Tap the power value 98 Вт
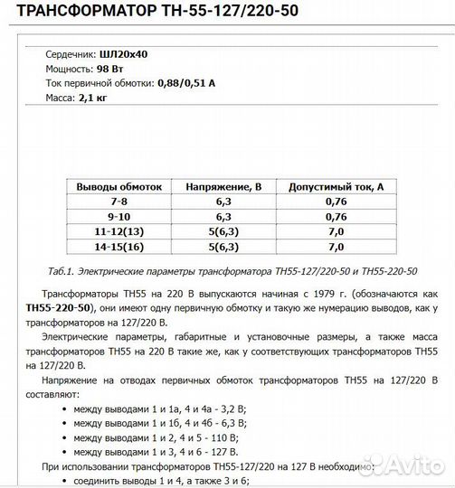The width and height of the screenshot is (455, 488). [109, 69]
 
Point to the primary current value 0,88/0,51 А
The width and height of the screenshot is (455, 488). [185, 82]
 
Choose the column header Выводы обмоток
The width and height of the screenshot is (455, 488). [118, 187]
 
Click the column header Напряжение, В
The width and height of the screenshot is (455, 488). [223, 187]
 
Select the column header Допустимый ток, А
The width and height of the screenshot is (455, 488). [336, 187]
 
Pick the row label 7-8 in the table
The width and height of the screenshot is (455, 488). [118, 202]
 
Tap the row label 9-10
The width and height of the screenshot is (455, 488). [118, 217]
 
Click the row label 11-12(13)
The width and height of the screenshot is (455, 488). [118, 231]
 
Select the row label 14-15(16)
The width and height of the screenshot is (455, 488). [118, 246]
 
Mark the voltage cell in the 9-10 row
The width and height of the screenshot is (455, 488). [223, 217]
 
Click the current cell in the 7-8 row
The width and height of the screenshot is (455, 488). [336, 202]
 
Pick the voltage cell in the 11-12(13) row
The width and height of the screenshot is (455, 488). [223, 231]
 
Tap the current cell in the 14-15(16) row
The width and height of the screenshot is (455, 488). [336, 246]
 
